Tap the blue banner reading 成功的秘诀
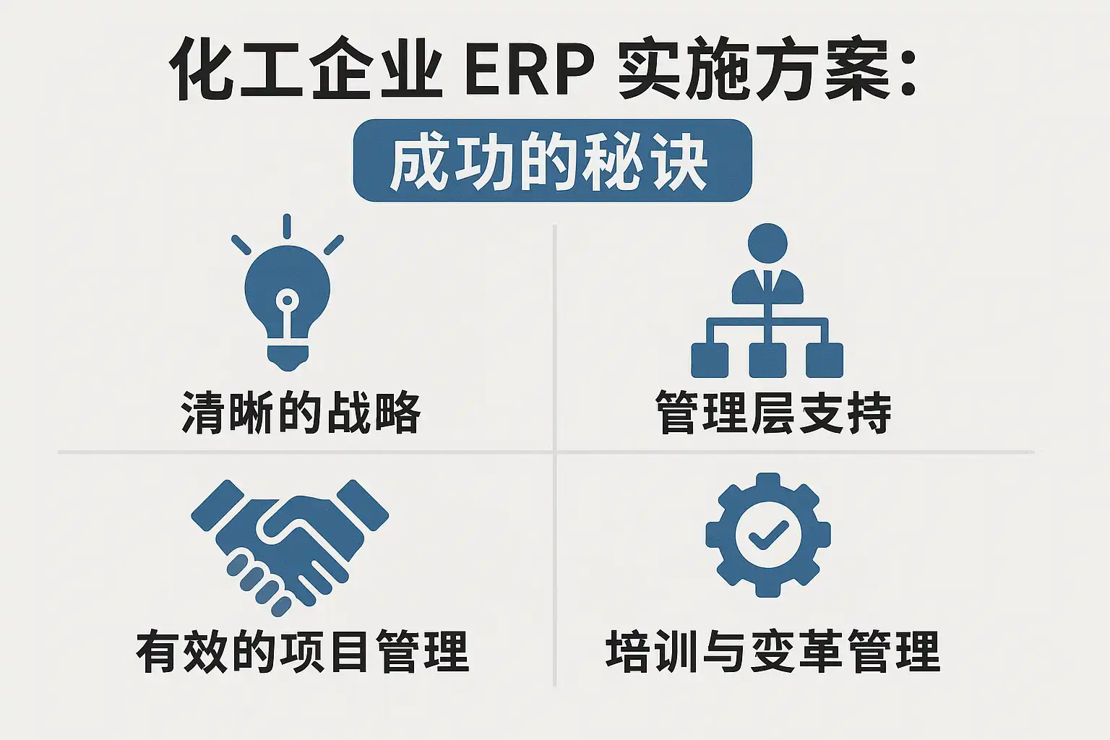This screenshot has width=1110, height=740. (x=552, y=160)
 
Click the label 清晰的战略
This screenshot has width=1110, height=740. (x=301, y=413)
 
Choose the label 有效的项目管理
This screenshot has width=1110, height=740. (x=303, y=651)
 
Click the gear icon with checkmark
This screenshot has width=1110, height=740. (x=767, y=535)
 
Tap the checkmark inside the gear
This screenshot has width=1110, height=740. (x=767, y=535)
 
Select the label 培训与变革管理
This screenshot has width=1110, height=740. (x=773, y=651)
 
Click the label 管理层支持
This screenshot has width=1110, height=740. (x=773, y=413)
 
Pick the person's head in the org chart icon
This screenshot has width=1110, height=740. (x=767, y=243)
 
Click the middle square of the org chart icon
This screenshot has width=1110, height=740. (x=767, y=359)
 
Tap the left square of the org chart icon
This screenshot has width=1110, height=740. (x=710, y=359)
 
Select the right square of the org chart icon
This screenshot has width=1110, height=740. (x=825, y=359)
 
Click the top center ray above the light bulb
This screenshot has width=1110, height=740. (x=287, y=225)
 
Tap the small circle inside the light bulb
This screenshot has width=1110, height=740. (x=287, y=298)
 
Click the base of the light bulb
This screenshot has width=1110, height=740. (x=288, y=356)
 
